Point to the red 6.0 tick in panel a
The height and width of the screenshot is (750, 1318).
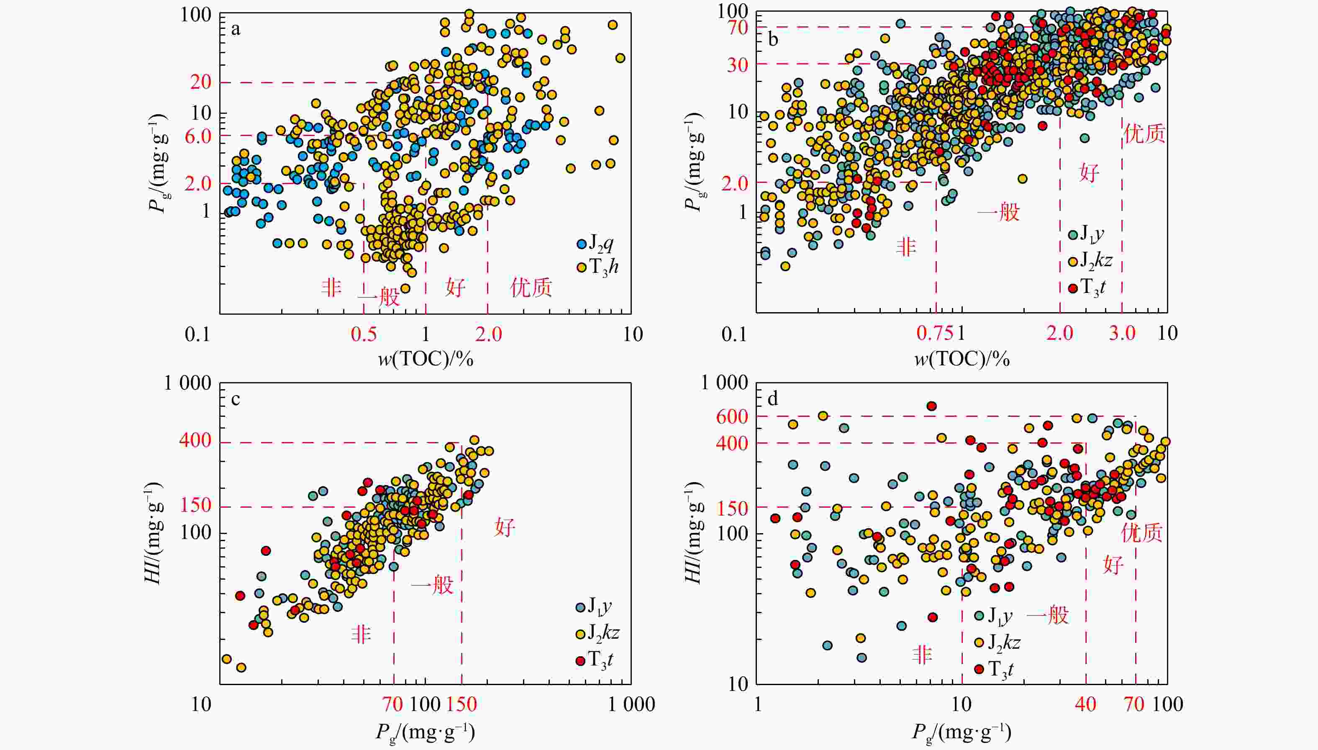(197, 136)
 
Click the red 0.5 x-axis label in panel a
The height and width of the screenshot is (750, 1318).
(364, 334)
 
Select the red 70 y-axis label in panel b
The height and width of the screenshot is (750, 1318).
(737, 27)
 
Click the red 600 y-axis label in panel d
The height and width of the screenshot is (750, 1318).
(732, 416)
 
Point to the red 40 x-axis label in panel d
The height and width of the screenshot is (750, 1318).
(1085, 704)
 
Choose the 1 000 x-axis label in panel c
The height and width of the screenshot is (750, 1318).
(631, 704)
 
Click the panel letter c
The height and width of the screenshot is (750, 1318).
(235, 400)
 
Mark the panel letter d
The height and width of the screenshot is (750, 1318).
(772, 400)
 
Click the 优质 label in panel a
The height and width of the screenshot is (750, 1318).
(531, 288)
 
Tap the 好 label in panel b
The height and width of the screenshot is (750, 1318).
(1089, 172)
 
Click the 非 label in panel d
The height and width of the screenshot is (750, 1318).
(922, 655)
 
